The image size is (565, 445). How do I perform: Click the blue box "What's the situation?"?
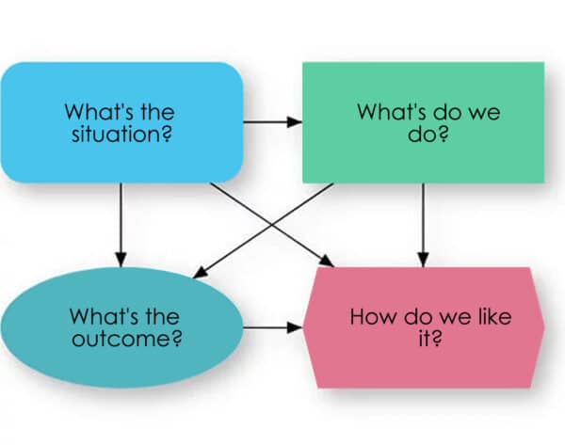pos(121,122)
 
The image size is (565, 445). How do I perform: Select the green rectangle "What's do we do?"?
pos(422,122)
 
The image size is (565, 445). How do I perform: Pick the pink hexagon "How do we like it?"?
pos(424,326)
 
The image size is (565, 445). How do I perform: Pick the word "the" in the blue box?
pos(158,111)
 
